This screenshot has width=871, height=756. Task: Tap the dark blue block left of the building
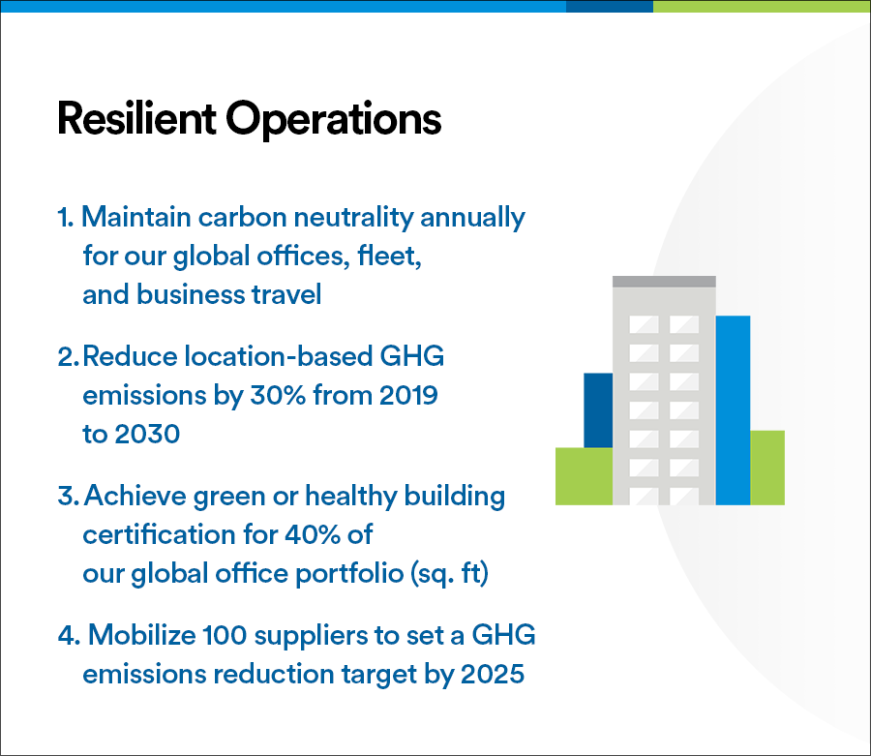pos(598,409)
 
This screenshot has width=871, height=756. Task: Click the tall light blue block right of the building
pos(733,409)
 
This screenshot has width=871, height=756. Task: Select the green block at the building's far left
pos(584,476)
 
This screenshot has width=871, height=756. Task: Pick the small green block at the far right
pos(766,468)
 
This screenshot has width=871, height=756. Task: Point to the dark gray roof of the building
pos(664,282)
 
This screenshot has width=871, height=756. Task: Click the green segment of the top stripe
pos(761,6)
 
